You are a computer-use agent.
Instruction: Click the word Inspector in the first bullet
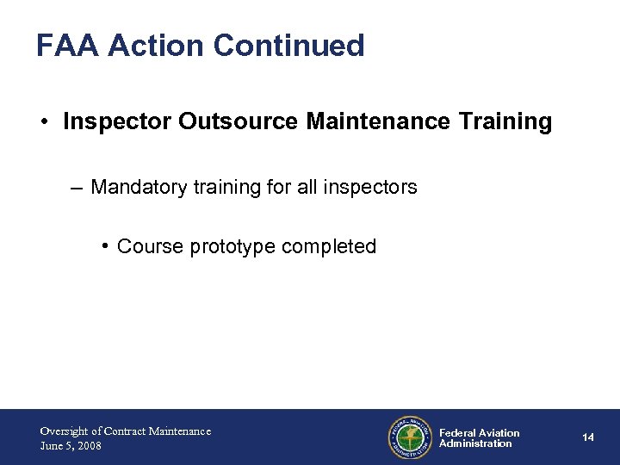[117, 122]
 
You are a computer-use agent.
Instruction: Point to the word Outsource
[239, 122]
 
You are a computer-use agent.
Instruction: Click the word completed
[330, 247]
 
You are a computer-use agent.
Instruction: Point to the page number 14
[588, 437]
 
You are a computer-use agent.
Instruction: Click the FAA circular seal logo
[410, 437]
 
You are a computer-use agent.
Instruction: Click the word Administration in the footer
[475, 444]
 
